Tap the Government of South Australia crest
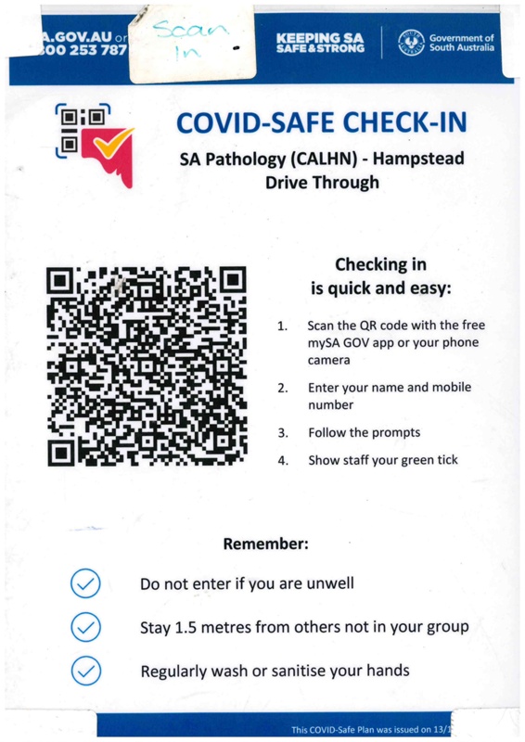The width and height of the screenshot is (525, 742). tap(409, 42)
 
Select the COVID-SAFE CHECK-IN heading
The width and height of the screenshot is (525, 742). tap(320, 122)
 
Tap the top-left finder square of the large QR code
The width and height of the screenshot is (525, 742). tap(62, 280)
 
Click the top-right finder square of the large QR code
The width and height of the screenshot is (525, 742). tap(232, 280)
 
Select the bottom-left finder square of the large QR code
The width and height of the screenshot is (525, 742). tap(62, 452)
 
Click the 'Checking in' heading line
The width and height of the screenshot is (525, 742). tap(378, 264)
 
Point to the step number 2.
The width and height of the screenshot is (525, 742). tap(282, 388)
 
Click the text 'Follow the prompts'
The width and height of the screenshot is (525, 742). tap(364, 432)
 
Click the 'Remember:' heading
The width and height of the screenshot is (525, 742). tap(265, 544)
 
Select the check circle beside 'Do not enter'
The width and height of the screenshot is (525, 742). tap(85, 583)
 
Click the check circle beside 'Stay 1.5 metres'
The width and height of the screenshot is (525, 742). tap(85, 627)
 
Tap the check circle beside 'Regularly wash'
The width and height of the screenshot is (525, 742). tap(85, 670)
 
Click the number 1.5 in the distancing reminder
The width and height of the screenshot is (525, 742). tap(186, 627)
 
